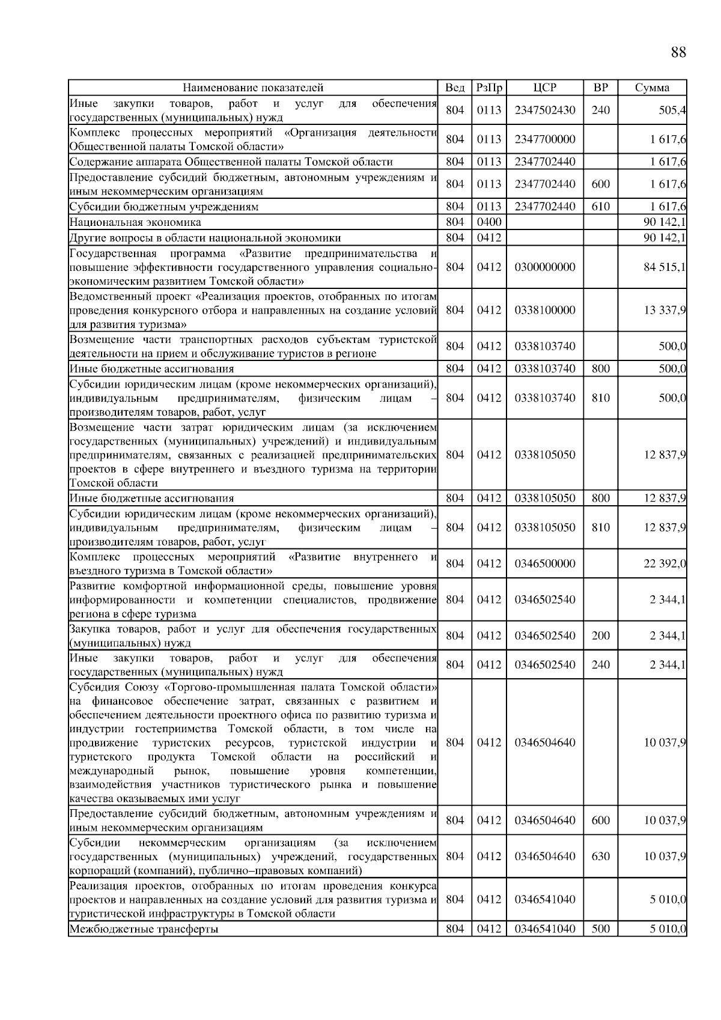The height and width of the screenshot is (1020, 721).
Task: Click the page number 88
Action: point(678,52)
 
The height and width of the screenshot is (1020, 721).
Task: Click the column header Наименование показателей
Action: point(253,88)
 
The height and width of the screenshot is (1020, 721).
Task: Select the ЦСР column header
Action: point(544,88)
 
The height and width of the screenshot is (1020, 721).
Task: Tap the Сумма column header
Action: point(652,88)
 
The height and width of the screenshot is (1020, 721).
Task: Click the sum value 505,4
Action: point(673,110)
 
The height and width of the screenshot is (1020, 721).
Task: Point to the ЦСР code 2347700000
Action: point(544,139)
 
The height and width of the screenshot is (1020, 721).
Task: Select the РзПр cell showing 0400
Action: point(488,222)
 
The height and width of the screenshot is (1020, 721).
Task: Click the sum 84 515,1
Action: point(665,267)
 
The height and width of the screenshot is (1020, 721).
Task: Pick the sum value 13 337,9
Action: point(665,310)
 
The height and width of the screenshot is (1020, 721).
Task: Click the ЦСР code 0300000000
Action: point(544,267)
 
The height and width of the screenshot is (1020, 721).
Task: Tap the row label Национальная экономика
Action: point(135,222)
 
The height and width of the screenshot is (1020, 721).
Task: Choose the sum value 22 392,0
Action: point(665,563)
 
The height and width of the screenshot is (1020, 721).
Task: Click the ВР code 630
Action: point(600,856)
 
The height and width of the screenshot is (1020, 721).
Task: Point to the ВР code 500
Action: point(600,929)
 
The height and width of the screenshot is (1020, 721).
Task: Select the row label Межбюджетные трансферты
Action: point(144,929)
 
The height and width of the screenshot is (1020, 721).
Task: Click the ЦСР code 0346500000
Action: point(544,563)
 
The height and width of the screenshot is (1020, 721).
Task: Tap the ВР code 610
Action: point(600,207)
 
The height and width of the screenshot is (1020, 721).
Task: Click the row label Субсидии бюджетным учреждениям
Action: point(163,207)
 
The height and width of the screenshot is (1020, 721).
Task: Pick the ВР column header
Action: point(600,88)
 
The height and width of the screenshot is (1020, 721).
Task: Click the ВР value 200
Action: point(600,636)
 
